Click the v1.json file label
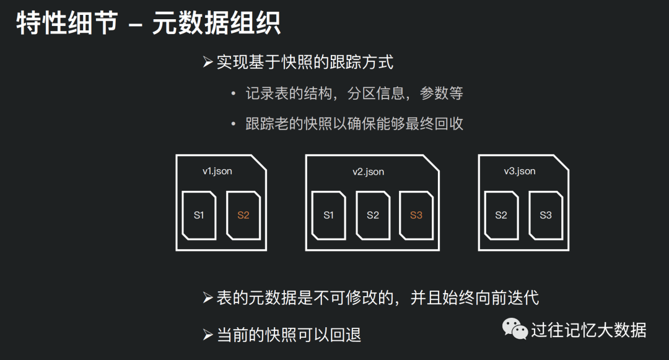[x=217, y=172]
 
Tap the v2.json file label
[x=368, y=172]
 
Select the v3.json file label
[x=519, y=172]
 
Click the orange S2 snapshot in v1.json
[x=243, y=216]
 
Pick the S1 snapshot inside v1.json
[x=199, y=216]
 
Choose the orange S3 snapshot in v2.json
[x=416, y=216]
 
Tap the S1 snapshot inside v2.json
[x=328, y=216]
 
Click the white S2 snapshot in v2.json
[x=373, y=216]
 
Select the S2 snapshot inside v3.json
[x=501, y=216]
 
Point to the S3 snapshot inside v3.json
[x=546, y=216]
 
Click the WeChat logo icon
[x=515, y=329]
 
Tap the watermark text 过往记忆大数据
[x=589, y=330]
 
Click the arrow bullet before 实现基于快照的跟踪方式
[x=208, y=63]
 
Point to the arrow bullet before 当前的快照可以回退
[x=208, y=335]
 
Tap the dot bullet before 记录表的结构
[x=233, y=94]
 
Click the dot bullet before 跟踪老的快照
[x=233, y=124]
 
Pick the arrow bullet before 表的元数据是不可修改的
[x=208, y=297]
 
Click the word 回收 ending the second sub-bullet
[x=449, y=124]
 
